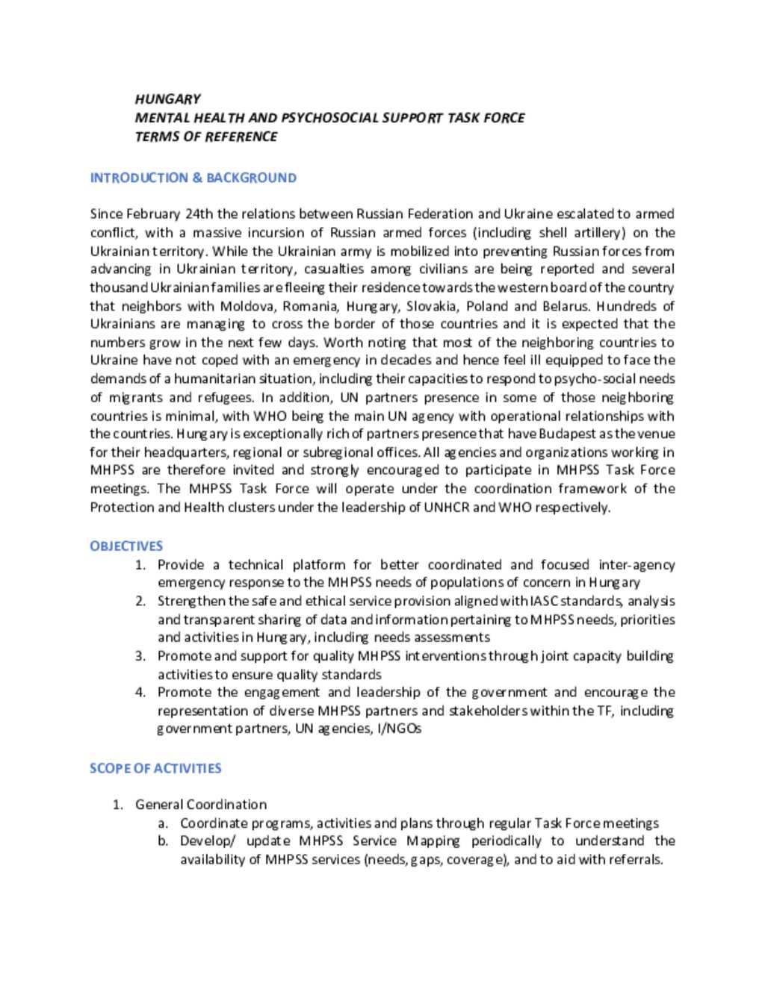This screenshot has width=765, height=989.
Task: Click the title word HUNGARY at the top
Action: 167,99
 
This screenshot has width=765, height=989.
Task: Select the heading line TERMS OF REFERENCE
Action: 205,137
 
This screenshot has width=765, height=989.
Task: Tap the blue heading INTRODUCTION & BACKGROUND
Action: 193,178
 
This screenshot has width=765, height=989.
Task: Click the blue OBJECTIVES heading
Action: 126,546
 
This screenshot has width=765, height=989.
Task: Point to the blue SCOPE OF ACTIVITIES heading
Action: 155,768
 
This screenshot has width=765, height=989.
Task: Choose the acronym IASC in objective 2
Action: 544,601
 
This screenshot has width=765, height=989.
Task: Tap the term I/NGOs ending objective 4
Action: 398,729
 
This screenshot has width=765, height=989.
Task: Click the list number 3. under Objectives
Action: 140,656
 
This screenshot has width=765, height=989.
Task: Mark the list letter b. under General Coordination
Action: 163,841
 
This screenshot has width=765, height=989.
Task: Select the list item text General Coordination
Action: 200,805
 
